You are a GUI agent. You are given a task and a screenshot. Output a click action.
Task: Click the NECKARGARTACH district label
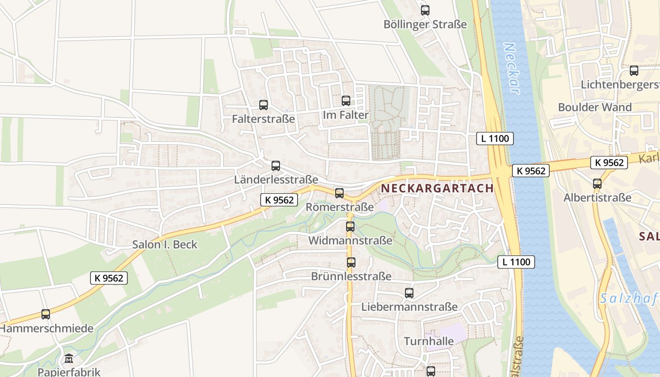click(437, 188)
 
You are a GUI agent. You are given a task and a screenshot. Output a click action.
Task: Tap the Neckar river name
click(511, 68)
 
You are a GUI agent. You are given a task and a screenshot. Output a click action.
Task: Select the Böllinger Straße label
click(425, 25)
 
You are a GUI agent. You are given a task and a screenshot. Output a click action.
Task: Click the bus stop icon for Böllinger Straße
click(425, 10)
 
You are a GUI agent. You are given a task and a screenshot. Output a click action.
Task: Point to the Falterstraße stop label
click(263, 119)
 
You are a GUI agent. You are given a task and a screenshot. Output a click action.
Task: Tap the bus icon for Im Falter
click(346, 100)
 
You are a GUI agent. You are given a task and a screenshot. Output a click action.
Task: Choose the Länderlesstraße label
click(276, 180)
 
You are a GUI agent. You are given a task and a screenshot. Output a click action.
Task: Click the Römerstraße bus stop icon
click(339, 193)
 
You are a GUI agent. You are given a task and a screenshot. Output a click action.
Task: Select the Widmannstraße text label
click(350, 240)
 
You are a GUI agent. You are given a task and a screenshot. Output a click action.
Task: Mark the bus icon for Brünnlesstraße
click(351, 262)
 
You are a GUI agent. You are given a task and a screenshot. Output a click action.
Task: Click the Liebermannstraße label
click(409, 307)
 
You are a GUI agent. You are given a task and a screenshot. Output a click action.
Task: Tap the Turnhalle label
click(429, 341)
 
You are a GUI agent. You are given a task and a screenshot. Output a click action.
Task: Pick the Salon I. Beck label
click(165, 245)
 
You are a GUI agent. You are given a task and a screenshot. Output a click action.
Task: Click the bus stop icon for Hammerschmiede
click(46, 314)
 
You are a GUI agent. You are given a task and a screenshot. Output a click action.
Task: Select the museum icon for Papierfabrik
click(69, 359)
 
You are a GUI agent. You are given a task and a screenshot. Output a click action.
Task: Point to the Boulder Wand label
click(594, 107)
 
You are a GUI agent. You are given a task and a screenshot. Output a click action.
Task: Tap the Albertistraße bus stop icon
click(597, 183)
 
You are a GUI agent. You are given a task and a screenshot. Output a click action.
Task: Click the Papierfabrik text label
click(69, 372)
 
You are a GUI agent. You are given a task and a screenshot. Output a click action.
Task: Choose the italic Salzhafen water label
click(629, 298)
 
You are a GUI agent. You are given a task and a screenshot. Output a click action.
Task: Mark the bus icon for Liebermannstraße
click(409, 293)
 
